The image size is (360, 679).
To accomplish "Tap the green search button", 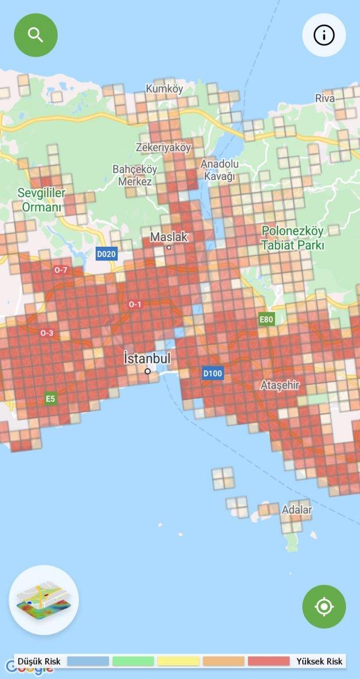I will [x=36, y=35].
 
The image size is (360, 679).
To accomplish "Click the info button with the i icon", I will [x=324, y=35].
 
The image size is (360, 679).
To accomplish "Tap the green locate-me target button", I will [x=324, y=607].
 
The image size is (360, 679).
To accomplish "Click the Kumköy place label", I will [x=165, y=89].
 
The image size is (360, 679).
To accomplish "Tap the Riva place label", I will [x=325, y=98].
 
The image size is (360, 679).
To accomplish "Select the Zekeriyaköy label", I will [x=164, y=147].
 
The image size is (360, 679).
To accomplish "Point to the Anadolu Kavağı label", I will [x=220, y=170].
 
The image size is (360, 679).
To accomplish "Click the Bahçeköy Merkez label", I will [x=135, y=175].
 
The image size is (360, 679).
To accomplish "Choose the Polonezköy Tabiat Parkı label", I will [x=292, y=238].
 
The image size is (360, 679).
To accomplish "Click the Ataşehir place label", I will [x=280, y=385].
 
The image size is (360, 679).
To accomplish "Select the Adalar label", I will [x=297, y=510].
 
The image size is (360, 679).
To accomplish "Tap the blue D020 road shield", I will [x=106, y=254].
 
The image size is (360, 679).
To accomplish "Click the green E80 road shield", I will [x=266, y=320].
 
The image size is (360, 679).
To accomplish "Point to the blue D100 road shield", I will [x=213, y=373].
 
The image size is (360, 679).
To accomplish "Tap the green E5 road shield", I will [x=51, y=399].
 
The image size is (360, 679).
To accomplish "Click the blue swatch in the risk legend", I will [x=88, y=661].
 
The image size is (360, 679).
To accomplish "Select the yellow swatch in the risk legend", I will [x=178, y=661].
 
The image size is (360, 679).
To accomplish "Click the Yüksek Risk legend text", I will [x=319, y=661].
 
